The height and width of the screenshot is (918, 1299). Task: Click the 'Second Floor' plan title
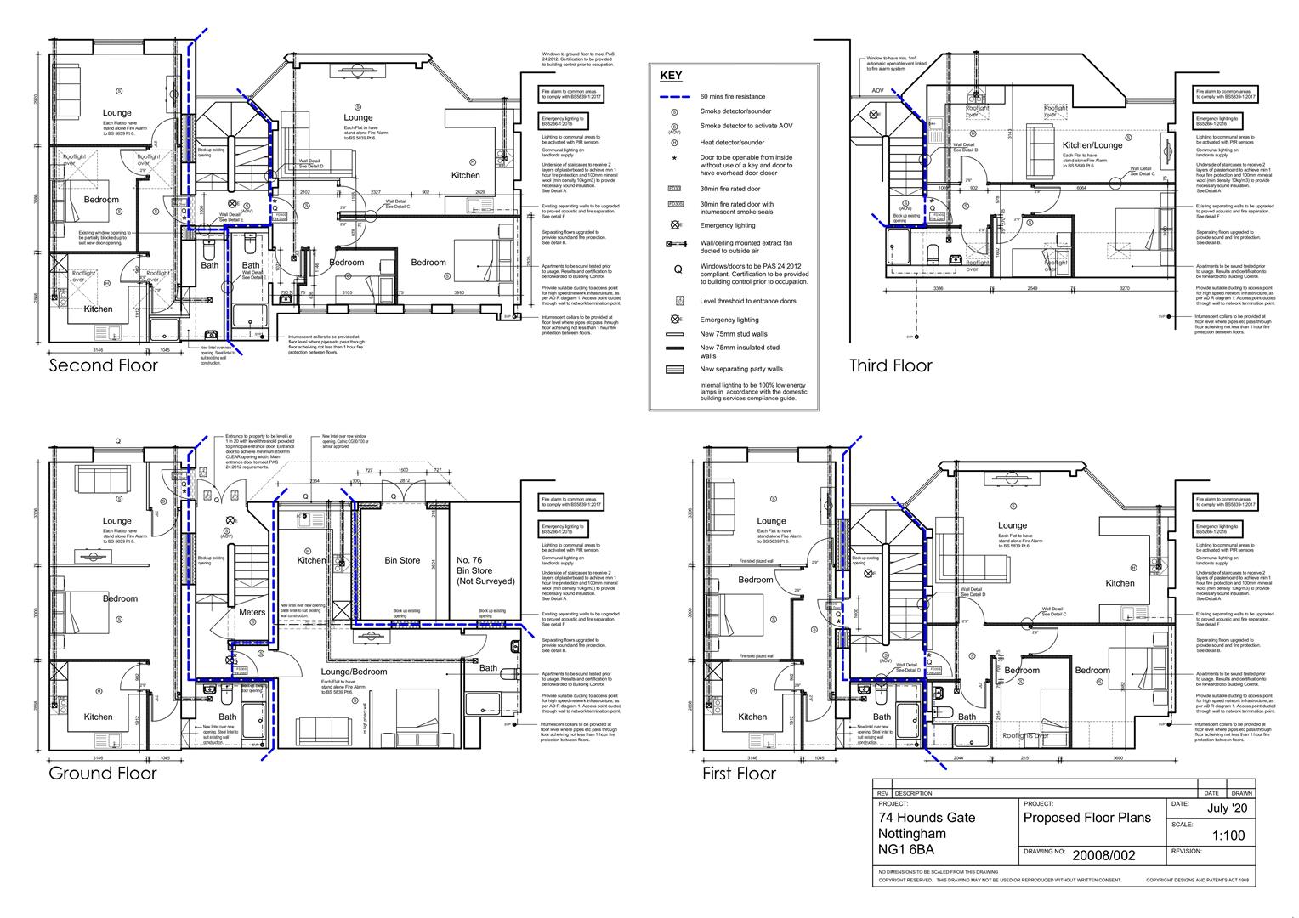[103, 365]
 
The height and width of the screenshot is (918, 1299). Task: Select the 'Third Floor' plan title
[890, 365]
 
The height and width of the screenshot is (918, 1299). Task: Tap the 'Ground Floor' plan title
[102, 773]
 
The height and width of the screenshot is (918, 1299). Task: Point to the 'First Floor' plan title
[739, 773]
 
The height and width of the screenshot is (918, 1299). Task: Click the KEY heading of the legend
[671, 76]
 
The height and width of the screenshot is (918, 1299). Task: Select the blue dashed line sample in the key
[675, 97]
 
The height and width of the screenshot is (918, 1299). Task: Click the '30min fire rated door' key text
[729, 189]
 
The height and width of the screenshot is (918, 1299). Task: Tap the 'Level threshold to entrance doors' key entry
[748, 301]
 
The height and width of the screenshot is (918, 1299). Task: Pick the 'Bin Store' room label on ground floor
[402, 560]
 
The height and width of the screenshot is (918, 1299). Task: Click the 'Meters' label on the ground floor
[252, 612]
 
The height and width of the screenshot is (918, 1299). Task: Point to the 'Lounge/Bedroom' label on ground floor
[354, 671]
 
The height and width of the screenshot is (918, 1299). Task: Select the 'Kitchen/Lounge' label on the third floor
[1092, 145]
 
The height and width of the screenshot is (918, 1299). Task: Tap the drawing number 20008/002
[1103, 855]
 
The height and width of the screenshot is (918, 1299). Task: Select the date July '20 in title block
[1227, 808]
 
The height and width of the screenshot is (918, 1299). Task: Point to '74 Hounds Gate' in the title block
[927, 818]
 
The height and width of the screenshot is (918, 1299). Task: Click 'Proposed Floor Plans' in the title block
[1086, 818]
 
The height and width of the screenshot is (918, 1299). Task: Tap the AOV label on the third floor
[877, 90]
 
